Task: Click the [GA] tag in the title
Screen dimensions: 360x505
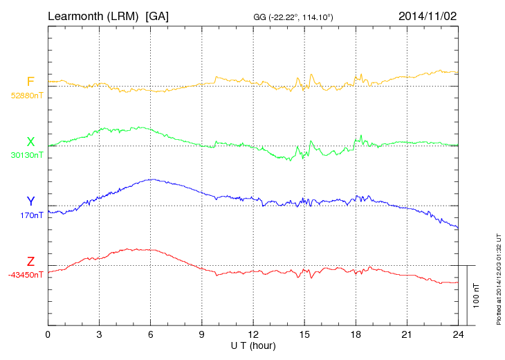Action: (x=157, y=15)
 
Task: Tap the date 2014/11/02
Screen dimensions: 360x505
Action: (x=427, y=15)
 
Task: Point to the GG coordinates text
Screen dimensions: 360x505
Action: (x=294, y=16)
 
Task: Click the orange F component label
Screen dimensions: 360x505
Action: (x=30, y=82)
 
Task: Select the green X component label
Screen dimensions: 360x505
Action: (x=30, y=142)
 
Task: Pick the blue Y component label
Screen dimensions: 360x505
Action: (x=30, y=201)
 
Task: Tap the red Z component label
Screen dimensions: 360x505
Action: (x=30, y=262)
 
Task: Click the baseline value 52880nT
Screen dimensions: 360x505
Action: (x=27, y=96)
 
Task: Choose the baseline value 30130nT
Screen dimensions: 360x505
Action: (x=27, y=155)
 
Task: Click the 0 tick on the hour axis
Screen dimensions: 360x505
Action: (x=48, y=335)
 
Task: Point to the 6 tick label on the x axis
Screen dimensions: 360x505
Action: (x=150, y=335)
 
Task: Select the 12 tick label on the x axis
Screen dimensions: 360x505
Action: (x=252, y=335)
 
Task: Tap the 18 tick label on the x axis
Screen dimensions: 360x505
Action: (x=356, y=335)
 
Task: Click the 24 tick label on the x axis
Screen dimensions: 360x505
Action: (x=458, y=335)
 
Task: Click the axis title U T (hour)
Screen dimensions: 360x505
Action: (x=253, y=345)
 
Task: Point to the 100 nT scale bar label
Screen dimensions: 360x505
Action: (x=476, y=296)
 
